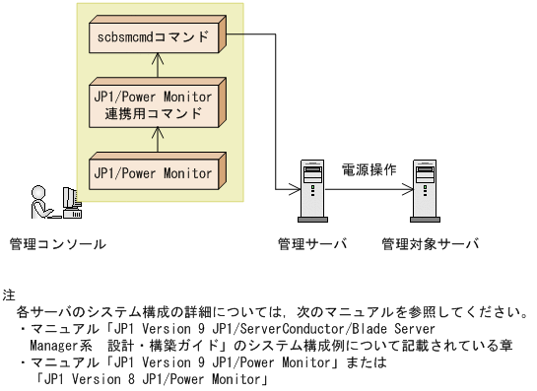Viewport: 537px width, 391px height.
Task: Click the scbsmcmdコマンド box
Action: point(154,38)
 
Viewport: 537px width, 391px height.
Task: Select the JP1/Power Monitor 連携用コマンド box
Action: point(154,104)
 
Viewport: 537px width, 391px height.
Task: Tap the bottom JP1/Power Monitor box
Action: point(154,173)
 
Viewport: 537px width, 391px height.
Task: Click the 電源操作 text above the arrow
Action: point(369,169)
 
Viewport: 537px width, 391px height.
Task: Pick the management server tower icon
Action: point(311,186)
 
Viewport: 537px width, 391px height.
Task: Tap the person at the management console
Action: point(40,203)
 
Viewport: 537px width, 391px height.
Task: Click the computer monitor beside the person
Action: point(71,201)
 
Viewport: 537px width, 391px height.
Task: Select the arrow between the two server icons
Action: point(369,187)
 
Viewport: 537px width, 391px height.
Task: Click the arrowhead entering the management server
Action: point(293,187)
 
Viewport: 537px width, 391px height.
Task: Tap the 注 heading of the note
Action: point(10,294)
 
